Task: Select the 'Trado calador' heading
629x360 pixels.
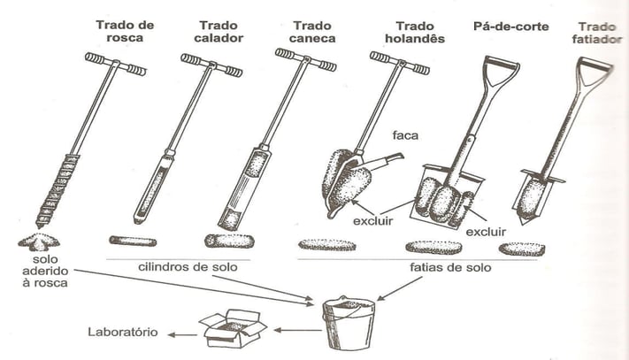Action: pyautogui.click(x=218, y=33)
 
